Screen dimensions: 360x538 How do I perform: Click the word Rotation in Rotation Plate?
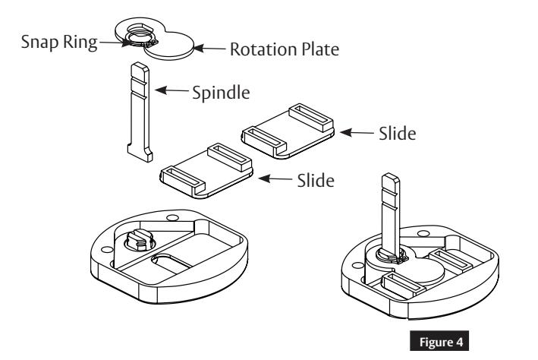coord(256,52)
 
